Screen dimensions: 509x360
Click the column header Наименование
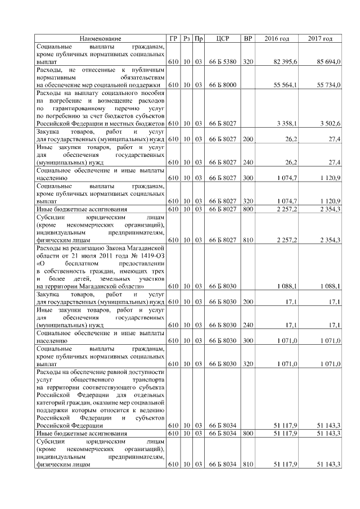[x=100, y=38]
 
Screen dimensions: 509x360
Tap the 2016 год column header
[x=277, y=38]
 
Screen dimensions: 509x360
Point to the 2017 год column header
[x=320, y=38]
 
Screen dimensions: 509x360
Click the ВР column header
[x=248, y=38]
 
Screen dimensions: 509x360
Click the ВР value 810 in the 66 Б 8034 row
[x=248, y=465]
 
